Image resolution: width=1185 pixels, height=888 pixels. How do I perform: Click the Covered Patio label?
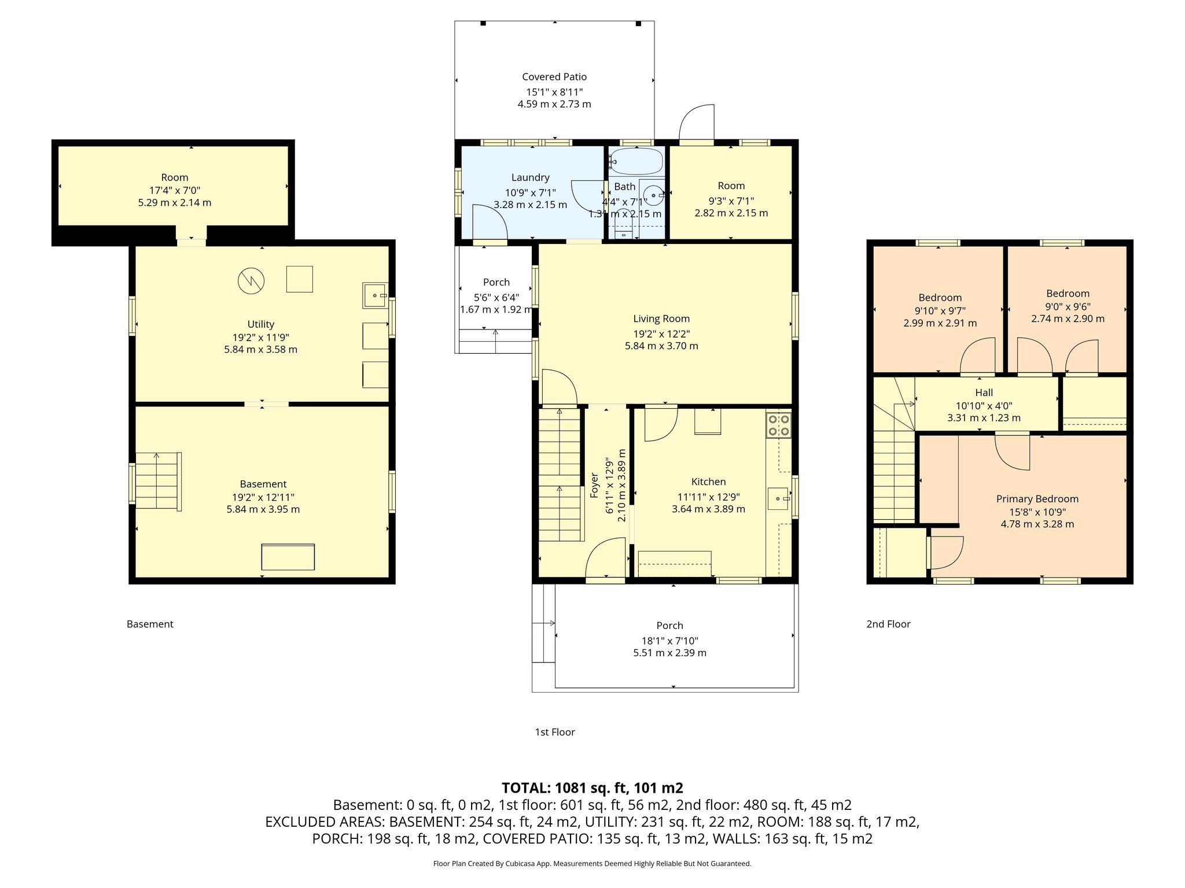point(554,77)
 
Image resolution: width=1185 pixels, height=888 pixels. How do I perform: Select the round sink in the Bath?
point(653,195)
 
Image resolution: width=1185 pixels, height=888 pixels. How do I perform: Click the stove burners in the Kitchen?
point(779,425)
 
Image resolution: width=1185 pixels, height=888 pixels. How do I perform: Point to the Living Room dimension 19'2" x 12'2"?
point(661,334)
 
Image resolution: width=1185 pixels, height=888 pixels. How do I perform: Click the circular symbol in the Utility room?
point(251,281)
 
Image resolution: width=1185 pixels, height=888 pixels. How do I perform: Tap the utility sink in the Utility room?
point(375,295)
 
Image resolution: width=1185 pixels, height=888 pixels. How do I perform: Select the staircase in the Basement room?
point(157,481)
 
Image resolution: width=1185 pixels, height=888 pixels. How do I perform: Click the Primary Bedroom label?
point(1037,499)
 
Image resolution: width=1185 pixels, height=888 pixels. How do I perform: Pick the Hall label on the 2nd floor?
point(984,393)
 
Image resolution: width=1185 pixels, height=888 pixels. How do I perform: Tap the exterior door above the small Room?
point(697,123)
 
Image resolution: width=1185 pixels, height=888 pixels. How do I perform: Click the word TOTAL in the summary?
point(525,788)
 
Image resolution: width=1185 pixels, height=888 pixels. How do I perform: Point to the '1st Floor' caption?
point(554,732)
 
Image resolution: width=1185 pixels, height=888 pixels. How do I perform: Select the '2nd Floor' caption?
point(888,624)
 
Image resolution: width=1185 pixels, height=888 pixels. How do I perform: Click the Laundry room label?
point(530,177)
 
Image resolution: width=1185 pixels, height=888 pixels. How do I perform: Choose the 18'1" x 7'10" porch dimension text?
point(669,641)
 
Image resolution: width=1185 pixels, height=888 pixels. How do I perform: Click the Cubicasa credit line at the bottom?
point(592,864)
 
